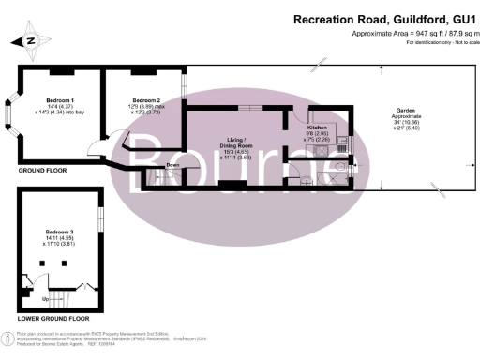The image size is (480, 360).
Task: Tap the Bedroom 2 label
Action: [x=146, y=99]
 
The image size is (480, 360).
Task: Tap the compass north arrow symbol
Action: [x=30, y=40]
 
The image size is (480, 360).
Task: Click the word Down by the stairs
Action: [x=172, y=165]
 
